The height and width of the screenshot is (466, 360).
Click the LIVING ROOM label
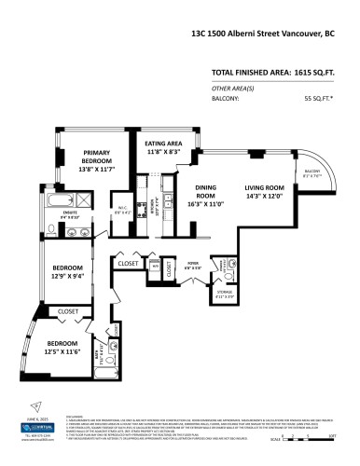pyautogui.click(x=264, y=192)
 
